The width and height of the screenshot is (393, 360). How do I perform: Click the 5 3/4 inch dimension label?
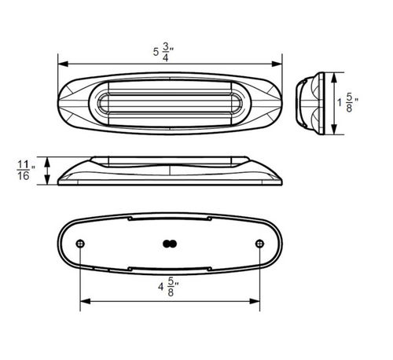(163, 52)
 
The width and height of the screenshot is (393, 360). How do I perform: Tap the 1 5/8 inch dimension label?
(348, 103)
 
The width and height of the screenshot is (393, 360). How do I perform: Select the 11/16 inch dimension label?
(26, 171)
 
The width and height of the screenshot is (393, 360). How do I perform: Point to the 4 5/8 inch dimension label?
(168, 287)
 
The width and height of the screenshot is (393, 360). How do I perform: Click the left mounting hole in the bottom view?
(80, 244)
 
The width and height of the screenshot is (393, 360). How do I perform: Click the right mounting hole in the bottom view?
(259, 244)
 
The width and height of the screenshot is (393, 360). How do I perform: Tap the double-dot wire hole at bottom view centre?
(170, 244)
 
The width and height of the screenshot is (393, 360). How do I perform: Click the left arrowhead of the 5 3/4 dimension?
(63, 64)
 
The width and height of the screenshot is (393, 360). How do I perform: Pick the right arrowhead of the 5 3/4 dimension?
(277, 64)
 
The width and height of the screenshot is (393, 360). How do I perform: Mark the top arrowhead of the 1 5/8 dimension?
(334, 78)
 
